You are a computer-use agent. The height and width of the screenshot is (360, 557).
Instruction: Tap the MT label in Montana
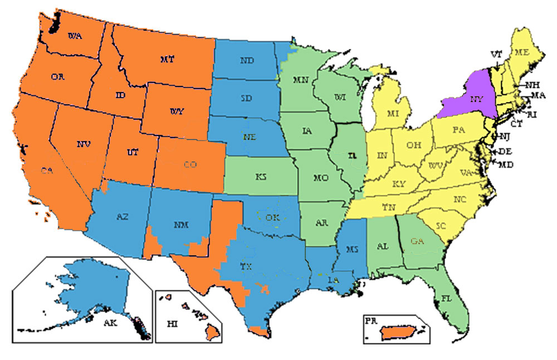point(168,59)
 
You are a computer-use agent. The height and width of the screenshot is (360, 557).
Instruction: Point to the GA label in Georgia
point(417,241)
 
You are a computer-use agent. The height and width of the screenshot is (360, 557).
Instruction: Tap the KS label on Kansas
point(261,177)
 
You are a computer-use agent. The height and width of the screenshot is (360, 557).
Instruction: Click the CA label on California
point(46,171)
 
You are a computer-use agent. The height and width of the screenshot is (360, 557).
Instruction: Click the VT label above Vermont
point(496,54)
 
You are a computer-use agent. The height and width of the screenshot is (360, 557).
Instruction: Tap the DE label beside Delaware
point(505,151)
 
